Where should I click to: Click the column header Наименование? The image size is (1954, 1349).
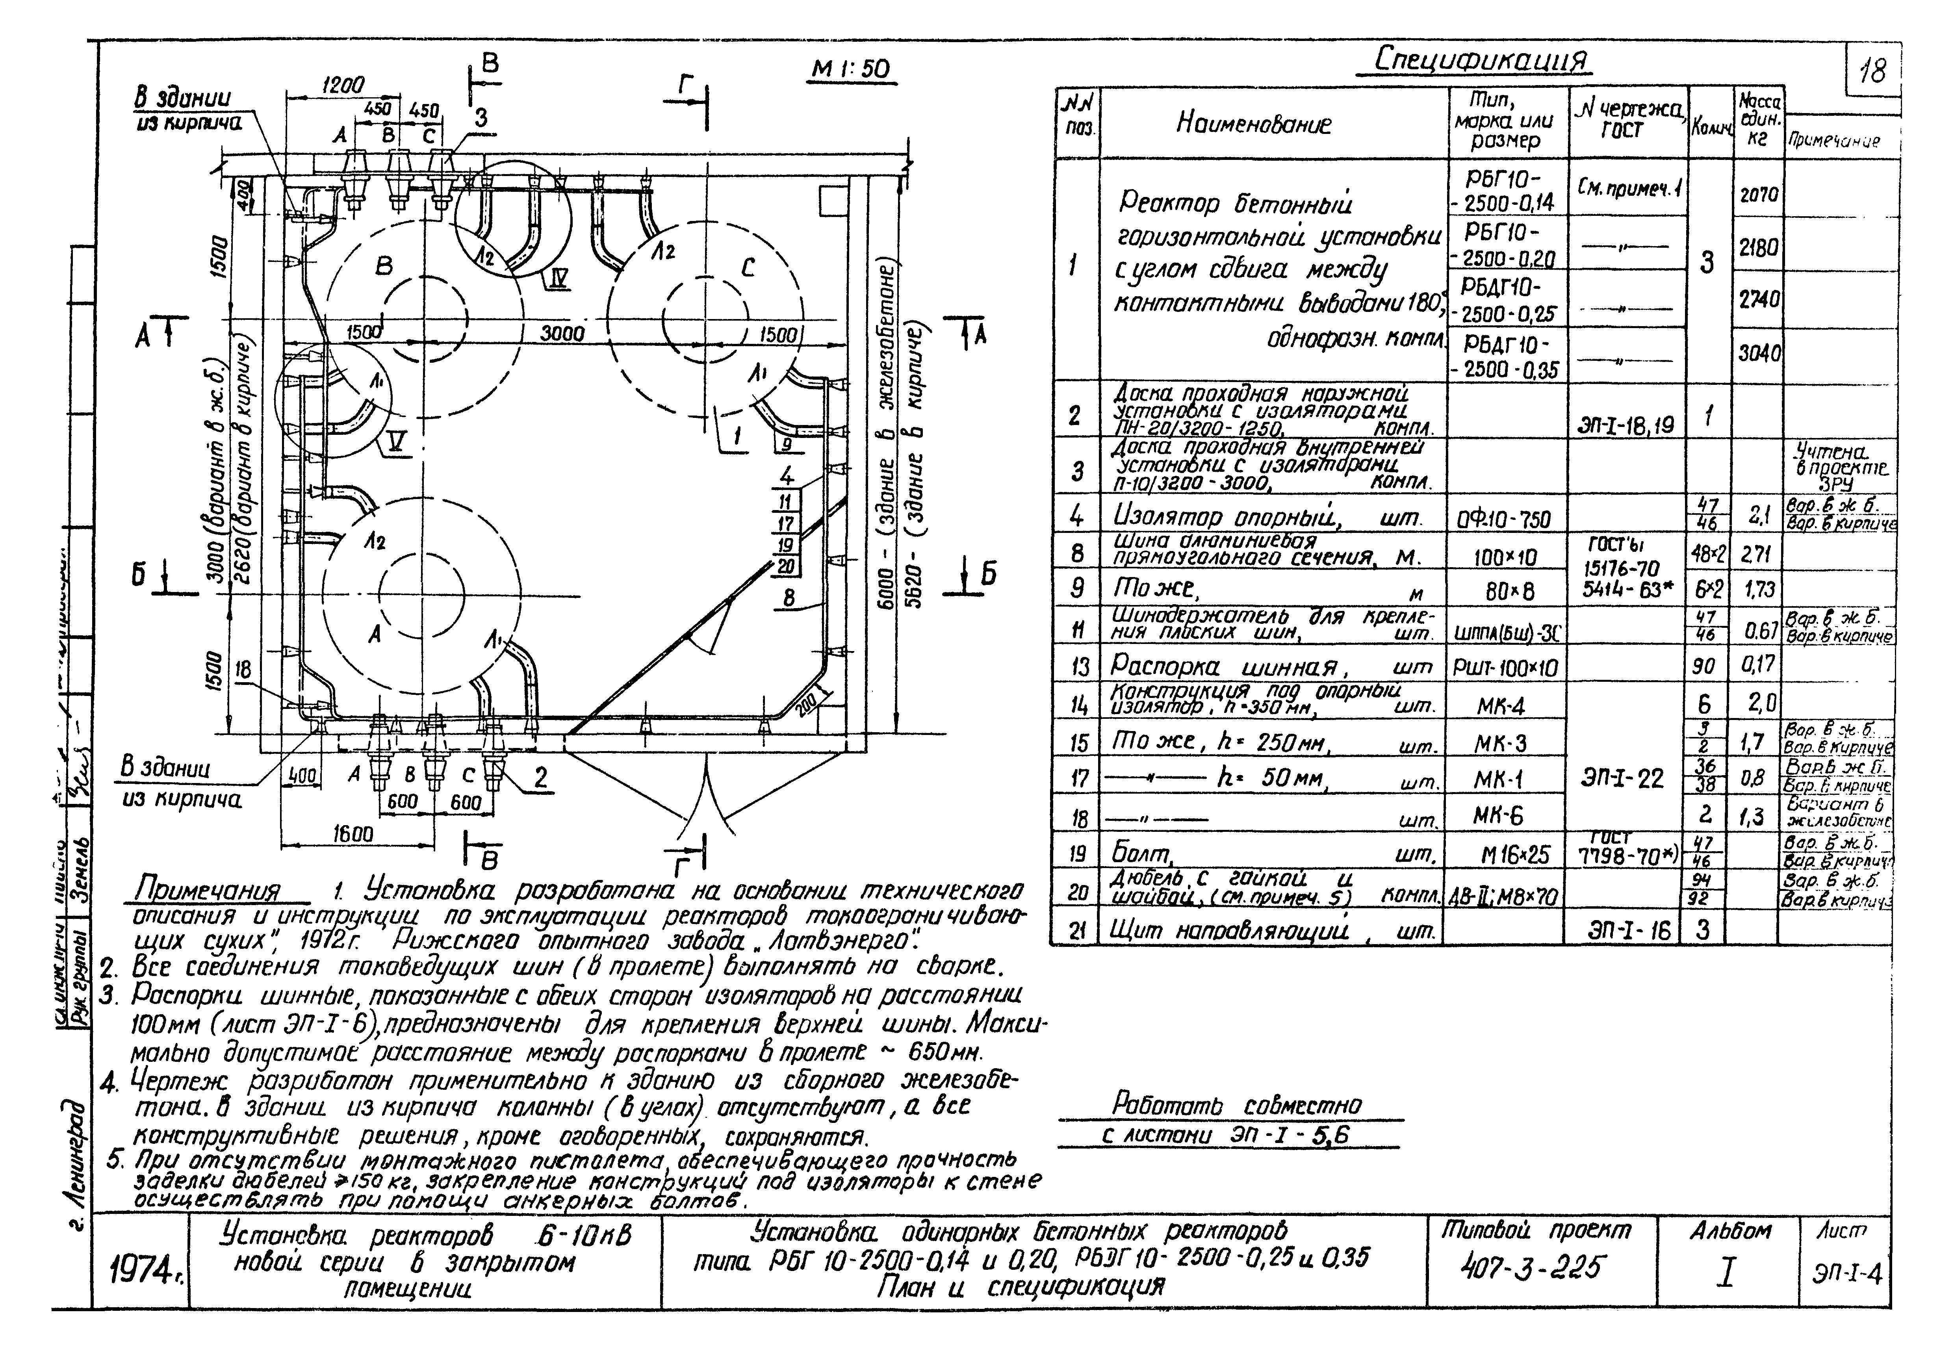pyautogui.click(x=1253, y=124)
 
